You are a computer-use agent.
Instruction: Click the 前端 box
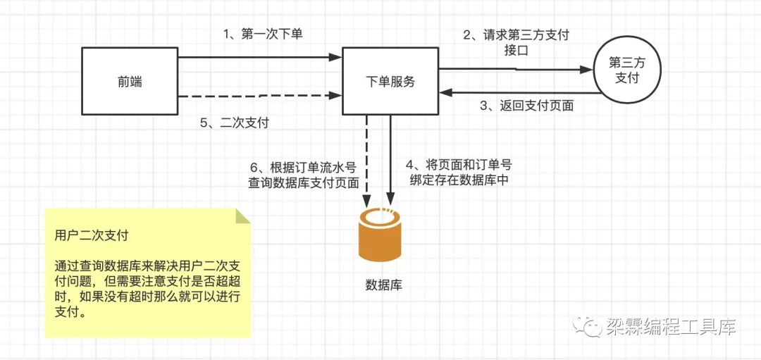[130, 82]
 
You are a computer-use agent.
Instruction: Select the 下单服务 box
[390, 82]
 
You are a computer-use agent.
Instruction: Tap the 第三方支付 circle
[626, 70]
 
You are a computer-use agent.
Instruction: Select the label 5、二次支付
[234, 123]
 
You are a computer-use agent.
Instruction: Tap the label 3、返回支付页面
[526, 106]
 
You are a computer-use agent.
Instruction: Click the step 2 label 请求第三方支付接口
[516, 42]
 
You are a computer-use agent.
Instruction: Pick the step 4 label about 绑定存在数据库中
[459, 172]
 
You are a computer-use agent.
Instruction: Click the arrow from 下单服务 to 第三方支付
[514, 69]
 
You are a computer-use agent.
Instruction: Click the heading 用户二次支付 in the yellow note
[91, 235]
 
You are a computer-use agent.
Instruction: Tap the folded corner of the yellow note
[242, 216]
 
